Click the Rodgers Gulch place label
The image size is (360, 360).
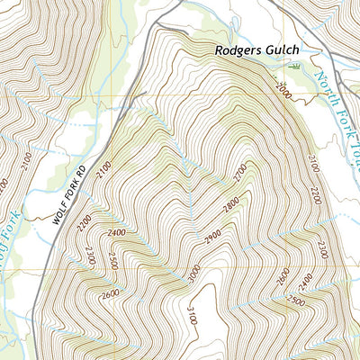click(x=256, y=51)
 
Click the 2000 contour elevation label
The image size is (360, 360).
click(x=285, y=90)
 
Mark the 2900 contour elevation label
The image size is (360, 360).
click(x=213, y=237)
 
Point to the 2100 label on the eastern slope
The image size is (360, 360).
click(x=313, y=162)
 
